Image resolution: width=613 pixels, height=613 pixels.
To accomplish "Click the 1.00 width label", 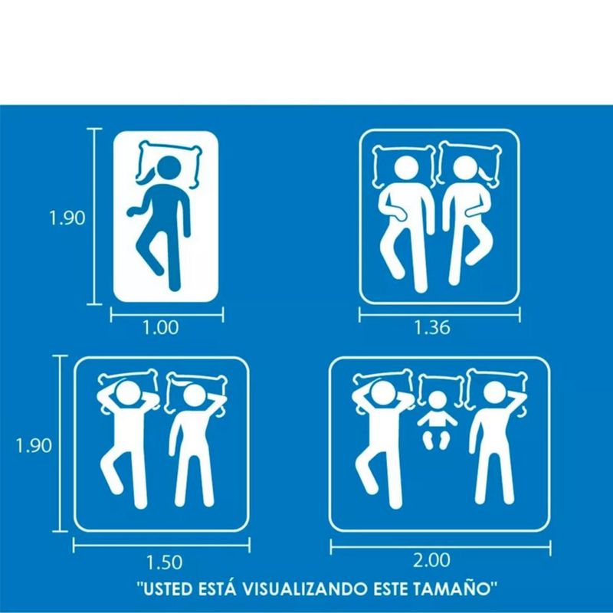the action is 160,327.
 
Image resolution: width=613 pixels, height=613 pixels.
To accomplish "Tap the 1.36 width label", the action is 432,327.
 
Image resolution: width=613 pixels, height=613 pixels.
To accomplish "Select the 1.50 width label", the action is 164,562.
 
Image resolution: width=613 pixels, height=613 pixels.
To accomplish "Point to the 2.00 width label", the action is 431,560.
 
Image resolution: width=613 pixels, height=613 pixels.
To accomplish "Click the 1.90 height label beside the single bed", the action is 67,218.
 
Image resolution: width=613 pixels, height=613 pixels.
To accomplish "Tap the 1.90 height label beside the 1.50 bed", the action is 34,445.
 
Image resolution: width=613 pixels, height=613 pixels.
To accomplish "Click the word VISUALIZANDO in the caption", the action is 305,588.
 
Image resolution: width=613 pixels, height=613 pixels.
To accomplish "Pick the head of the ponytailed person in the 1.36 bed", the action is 466,169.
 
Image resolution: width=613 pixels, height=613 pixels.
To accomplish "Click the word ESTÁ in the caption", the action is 218,588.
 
